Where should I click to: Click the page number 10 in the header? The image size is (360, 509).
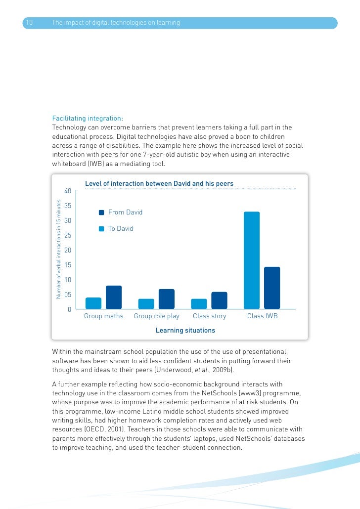(29, 23)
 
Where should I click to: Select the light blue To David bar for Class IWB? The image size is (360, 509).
(252, 260)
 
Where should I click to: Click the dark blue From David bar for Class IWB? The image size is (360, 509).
(272, 288)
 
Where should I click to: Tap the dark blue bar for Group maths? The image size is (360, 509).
(114, 297)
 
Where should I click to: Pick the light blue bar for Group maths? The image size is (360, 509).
(93, 303)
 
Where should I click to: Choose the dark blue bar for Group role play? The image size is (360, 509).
(167, 299)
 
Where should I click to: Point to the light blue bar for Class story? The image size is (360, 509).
(199, 304)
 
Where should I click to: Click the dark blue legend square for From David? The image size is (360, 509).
(101, 212)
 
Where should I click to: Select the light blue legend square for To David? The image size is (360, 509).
(101, 229)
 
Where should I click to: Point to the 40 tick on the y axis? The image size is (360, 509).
(68, 191)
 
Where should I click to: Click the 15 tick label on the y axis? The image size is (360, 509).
(68, 265)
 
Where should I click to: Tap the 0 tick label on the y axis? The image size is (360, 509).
(70, 310)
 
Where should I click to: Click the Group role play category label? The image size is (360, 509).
(157, 316)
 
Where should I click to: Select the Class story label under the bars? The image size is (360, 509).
(209, 316)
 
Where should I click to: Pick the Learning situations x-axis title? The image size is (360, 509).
(185, 330)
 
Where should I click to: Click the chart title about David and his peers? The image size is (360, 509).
(159, 184)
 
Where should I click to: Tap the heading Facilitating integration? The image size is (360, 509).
(88, 119)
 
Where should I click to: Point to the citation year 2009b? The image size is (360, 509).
(225, 370)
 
